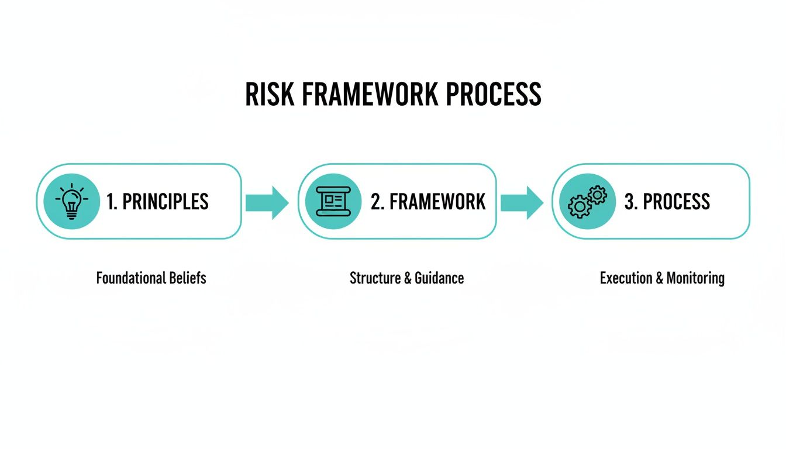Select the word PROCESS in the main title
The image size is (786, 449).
click(x=494, y=94)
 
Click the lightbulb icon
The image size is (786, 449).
click(x=71, y=201)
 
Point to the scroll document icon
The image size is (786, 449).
click(x=333, y=201)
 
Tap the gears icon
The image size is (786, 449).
click(x=587, y=201)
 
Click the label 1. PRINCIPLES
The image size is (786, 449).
click(x=157, y=202)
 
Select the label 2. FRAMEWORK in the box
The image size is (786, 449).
click(x=428, y=202)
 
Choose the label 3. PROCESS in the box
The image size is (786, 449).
click(x=667, y=202)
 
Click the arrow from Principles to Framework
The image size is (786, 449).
click(x=267, y=202)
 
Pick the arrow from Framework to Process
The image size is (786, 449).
click(x=522, y=202)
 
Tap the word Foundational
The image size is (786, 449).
click(x=131, y=278)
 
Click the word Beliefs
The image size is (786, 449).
click(x=188, y=278)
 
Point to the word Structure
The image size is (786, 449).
click(x=375, y=278)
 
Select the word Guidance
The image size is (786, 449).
click(x=439, y=278)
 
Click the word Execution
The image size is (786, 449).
click(x=625, y=278)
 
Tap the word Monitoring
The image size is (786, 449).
click(x=695, y=278)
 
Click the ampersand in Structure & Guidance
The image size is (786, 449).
click(x=407, y=278)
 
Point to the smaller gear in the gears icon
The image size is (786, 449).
click(x=597, y=194)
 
